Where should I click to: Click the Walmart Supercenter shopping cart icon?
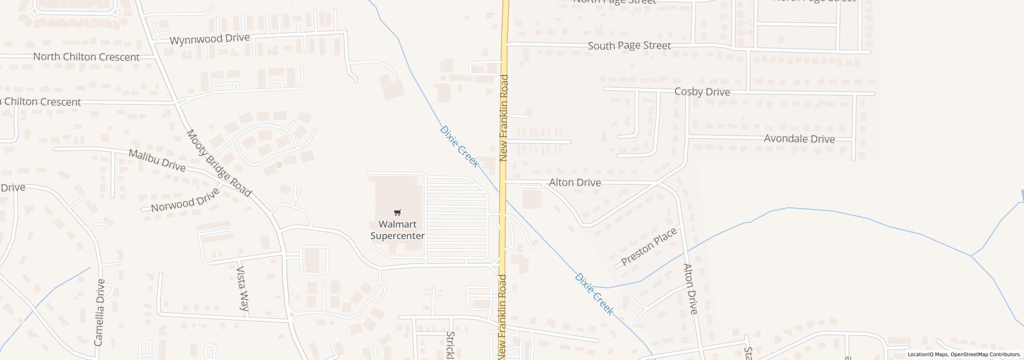coord(397,212)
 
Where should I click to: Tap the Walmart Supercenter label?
coord(397,230)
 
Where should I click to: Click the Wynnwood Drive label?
coord(210,39)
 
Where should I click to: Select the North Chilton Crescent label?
coord(86,57)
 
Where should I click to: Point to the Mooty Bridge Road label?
coord(219,163)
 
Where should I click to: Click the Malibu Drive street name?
coord(157,160)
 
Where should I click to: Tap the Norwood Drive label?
coord(186,200)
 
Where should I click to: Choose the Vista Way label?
coord(243,288)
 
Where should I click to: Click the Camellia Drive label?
coord(99,312)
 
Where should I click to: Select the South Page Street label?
coord(629,46)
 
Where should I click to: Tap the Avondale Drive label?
coord(799,139)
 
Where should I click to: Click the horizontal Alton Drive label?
coord(575,182)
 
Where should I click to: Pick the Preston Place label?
coord(649,246)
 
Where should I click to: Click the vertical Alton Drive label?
coord(690,288)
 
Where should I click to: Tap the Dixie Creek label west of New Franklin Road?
coord(459,146)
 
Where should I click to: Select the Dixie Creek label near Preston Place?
coord(594,294)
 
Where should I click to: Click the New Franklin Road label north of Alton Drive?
coord(504,118)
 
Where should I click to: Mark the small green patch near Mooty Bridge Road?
coord(279,165)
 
